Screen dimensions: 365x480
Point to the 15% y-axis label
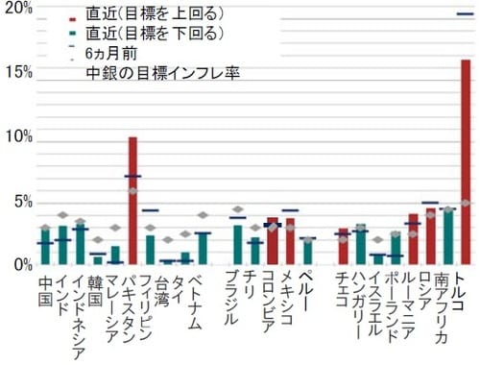pos(18,73)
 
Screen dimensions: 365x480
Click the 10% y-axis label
pos(18,136)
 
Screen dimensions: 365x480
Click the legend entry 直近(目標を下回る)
pos(154,36)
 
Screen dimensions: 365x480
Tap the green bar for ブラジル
pos(238,244)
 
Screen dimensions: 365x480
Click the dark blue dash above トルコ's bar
pos(466,13)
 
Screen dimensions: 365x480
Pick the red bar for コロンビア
pos(273,240)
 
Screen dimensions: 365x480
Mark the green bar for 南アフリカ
pos(447,235)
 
